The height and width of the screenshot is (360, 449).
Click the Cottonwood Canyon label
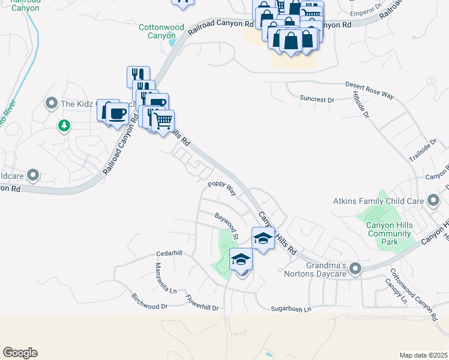pos(160,31)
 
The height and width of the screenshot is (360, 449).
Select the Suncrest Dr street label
pos(317,98)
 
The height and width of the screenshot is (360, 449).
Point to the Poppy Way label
pos(221,188)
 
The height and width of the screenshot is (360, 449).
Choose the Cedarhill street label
pos(168,253)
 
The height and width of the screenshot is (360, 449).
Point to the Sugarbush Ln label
pos(291,310)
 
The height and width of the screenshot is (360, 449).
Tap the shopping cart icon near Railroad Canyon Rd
pos(163,121)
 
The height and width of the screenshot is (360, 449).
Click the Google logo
pos(20,353)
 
